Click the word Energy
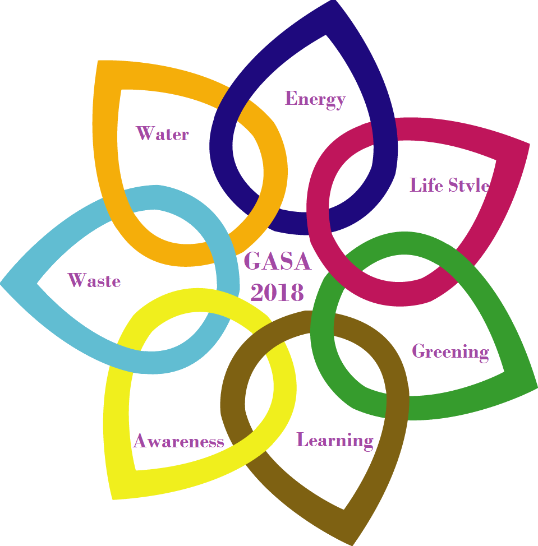pyautogui.click(x=315, y=99)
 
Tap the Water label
pyautogui.click(x=163, y=134)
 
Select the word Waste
pyautogui.click(x=94, y=280)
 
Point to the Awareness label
pyautogui.click(x=178, y=441)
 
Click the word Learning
pyautogui.click(x=335, y=440)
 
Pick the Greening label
pyautogui.click(x=450, y=352)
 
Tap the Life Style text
pyautogui.click(x=450, y=185)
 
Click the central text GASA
pyautogui.click(x=278, y=262)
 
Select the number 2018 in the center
pyautogui.click(x=278, y=292)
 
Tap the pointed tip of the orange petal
pyautogui.click(x=99, y=62)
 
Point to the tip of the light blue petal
pyautogui.click(x=3, y=282)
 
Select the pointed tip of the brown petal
pyautogui.click(x=352, y=542)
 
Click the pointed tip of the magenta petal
pyautogui.click(x=527, y=145)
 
